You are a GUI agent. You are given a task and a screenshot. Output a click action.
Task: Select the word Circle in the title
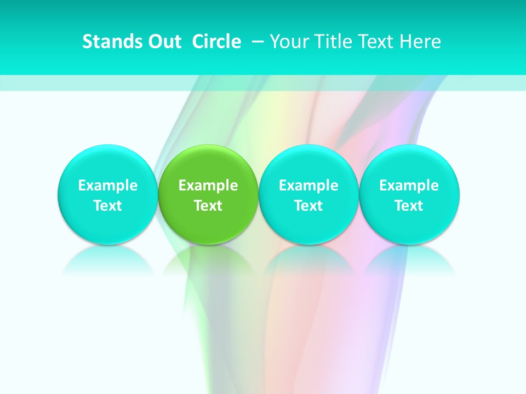[x=216, y=42]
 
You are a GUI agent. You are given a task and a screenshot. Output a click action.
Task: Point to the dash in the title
[x=256, y=42]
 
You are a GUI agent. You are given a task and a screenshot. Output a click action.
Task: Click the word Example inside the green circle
[x=208, y=186]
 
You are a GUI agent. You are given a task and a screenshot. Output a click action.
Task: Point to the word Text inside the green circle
[x=208, y=206]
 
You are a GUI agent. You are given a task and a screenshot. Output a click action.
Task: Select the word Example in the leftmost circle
[x=107, y=186]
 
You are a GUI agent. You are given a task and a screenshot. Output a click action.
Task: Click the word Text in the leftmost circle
[x=107, y=206]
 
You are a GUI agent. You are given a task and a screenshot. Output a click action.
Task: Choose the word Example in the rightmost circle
[x=409, y=186]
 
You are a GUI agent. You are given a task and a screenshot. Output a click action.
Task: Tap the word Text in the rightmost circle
[x=409, y=206]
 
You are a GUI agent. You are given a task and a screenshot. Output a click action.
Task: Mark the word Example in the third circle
[x=308, y=186]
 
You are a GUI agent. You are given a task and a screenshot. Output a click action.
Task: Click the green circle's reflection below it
[x=208, y=260]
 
